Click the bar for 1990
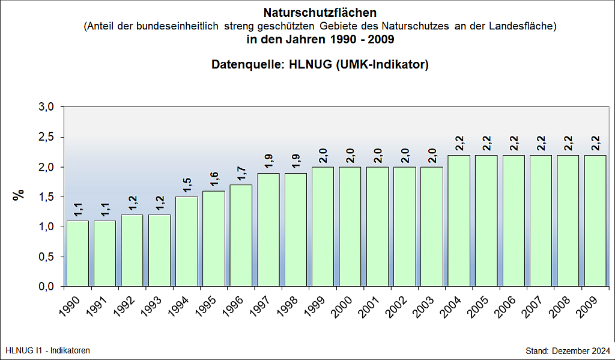pyautogui.click(x=77, y=253)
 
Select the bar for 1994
pyautogui.click(x=186, y=241)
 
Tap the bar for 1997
pyautogui.click(x=268, y=229)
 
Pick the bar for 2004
pyautogui.click(x=459, y=220)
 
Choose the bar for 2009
pyautogui.click(x=595, y=220)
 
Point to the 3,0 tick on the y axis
pyautogui.click(x=47, y=107)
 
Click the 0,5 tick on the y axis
pyautogui.click(x=47, y=257)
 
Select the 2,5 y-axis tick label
pyautogui.click(x=47, y=137)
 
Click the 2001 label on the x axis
pyautogui.click(x=368, y=305)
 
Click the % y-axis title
pyautogui.click(x=20, y=195)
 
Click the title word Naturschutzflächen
pyautogui.click(x=320, y=12)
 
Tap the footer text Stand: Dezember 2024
pyautogui.click(x=568, y=350)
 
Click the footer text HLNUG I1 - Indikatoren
pyautogui.click(x=47, y=350)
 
